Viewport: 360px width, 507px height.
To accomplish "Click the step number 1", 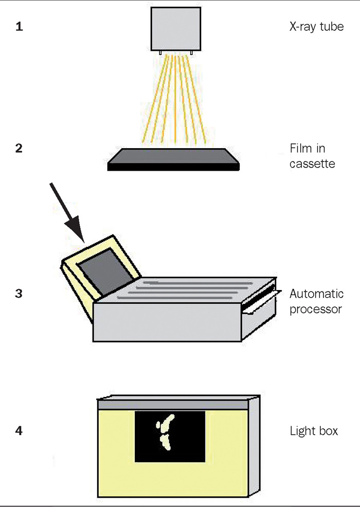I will pos(19,27).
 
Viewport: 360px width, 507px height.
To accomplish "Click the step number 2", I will pos(19,150).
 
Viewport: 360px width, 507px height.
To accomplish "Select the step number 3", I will pos(19,295).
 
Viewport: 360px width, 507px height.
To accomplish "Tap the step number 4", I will pos(19,430).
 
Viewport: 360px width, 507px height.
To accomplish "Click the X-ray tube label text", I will pos(316,27).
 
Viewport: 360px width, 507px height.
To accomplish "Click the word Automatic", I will pos(316,295).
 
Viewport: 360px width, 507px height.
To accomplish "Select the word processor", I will pos(315,310).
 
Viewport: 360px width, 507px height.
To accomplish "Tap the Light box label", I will pos(314,430).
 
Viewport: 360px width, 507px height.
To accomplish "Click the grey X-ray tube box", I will pos(175,28).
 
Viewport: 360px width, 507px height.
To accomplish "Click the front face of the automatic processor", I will pos(167,321).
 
